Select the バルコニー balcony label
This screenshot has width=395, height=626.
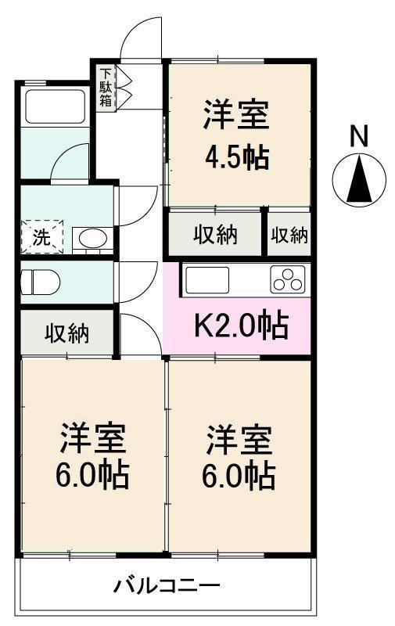(167, 585)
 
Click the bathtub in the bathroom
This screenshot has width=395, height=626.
(55, 107)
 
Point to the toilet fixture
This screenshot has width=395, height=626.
(40, 282)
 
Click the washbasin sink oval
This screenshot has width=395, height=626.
(93, 239)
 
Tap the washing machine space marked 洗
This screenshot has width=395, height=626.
(42, 237)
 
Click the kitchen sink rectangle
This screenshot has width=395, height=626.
(206, 280)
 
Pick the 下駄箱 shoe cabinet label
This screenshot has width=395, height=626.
(106, 88)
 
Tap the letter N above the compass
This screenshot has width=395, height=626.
(358, 136)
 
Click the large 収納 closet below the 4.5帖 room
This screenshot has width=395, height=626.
(215, 234)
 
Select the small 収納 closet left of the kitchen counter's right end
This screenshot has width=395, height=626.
(289, 234)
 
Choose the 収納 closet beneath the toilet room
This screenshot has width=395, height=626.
(67, 332)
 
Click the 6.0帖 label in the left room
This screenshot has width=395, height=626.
(92, 475)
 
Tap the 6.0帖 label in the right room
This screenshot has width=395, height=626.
(239, 476)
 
